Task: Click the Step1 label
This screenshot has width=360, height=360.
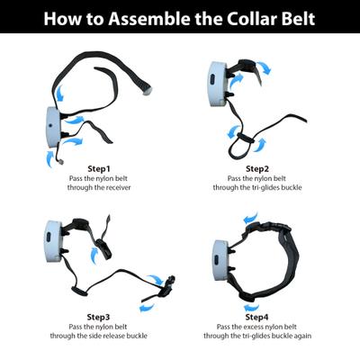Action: pyautogui.click(x=99, y=169)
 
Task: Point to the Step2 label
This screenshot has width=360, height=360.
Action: pyautogui.click(x=256, y=169)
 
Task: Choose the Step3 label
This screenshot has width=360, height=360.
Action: pyautogui.click(x=99, y=317)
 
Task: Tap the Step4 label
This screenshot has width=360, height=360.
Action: pyautogui.click(x=256, y=317)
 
